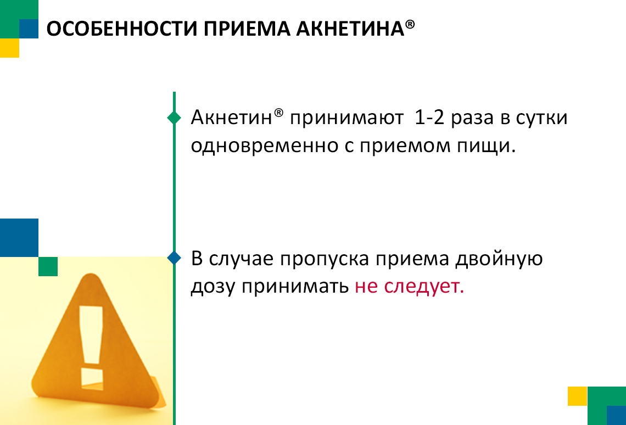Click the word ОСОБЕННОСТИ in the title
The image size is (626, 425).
click(x=122, y=29)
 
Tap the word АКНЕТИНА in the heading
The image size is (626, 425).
click(x=350, y=29)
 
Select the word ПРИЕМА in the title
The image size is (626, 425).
click(x=247, y=29)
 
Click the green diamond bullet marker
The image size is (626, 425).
click(x=174, y=118)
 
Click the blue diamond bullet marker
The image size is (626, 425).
click(x=174, y=258)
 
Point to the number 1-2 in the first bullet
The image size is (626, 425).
click(x=429, y=118)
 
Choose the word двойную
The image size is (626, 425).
click(x=500, y=259)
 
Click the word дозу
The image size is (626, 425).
click(x=213, y=287)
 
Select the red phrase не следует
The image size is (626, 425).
click(x=409, y=287)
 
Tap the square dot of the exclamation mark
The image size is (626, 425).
click(x=92, y=379)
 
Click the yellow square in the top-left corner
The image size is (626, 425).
click(x=9, y=48)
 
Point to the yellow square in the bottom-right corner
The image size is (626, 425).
click(x=578, y=396)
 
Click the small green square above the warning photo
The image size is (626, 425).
click(x=48, y=266)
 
